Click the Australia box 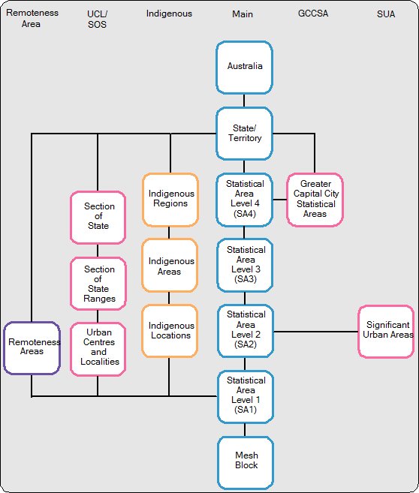pyautogui.click(x=245, y=67)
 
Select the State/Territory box pyautogui.click(x=245, y=134)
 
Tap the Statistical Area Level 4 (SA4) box pyautogui.click(x=245, y=199)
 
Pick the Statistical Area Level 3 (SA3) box pyautogui.click(x=245, y=264)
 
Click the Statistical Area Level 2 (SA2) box pyautogui.click(x=245, y=329)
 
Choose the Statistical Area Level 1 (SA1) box pyautogui.click(x=245, y=395)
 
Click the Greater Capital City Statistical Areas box pyautogui.click(x=315, y=199)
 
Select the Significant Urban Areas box pyautogui.click(x=387, y=330)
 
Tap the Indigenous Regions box pyautogui.click(x=170, y=199)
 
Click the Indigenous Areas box pyautogui.click(x=170, y=265)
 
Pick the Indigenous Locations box pyautogui.click(x=170, y=330)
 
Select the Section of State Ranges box pyautogui.click(x=98, y=283)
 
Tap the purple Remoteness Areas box pyautogui.click(x=32, y=347)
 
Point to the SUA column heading pyautogui.click(x=386, y=14)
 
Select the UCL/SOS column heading pyautogui.click(x=97, y=19)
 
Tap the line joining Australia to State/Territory pyautogui.click(x=245, y=101)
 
